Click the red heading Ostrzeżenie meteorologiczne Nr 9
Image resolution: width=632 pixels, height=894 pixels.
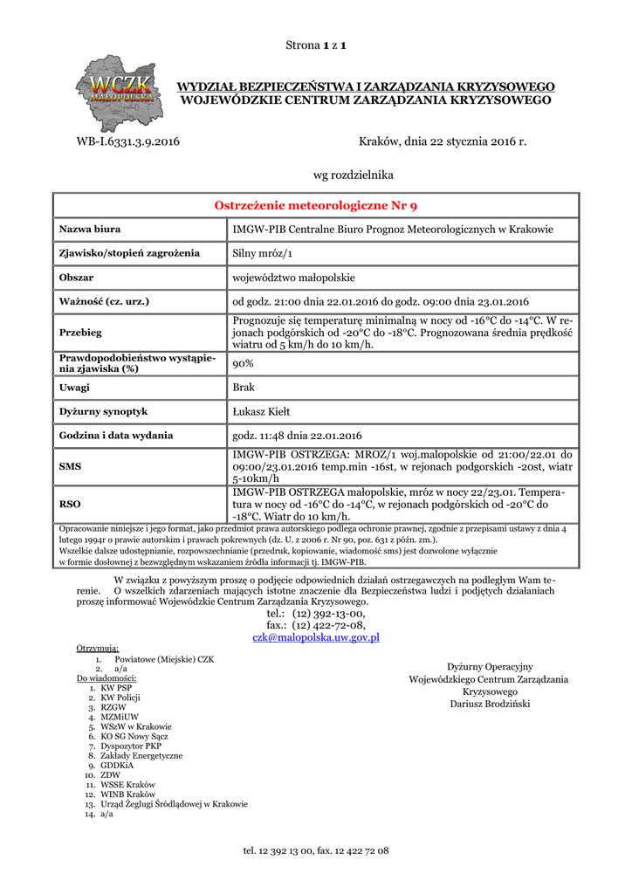click(x=316, y=206)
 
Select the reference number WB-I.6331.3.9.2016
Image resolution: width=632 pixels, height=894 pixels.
click(x=127, y=141)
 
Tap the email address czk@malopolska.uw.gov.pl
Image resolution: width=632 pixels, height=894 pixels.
click(x=316, y=638)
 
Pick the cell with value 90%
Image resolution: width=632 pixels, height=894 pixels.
click(x=244, y=363)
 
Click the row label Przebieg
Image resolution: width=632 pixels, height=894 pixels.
click(x=80, y=333)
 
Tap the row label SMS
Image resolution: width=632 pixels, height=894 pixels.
click(x=70, y=467)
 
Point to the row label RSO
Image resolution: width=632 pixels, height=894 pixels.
click(x=70, y=504)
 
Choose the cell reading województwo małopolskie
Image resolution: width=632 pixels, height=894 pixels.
click(x=293, y=278)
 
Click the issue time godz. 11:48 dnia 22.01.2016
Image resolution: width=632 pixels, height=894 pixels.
click(x=297, y=435)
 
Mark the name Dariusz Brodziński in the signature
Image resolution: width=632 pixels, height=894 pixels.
click(x=490, y=704)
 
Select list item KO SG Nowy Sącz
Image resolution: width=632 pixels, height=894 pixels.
click(x=135, y=736)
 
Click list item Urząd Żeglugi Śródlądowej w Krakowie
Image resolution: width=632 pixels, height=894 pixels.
click(x=174, y=804)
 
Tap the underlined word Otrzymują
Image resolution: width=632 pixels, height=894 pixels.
click(x=98, y=649)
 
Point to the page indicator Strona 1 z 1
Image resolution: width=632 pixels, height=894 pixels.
click(x=316, y=45)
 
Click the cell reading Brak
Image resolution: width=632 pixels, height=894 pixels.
click(x=244, y=387)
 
